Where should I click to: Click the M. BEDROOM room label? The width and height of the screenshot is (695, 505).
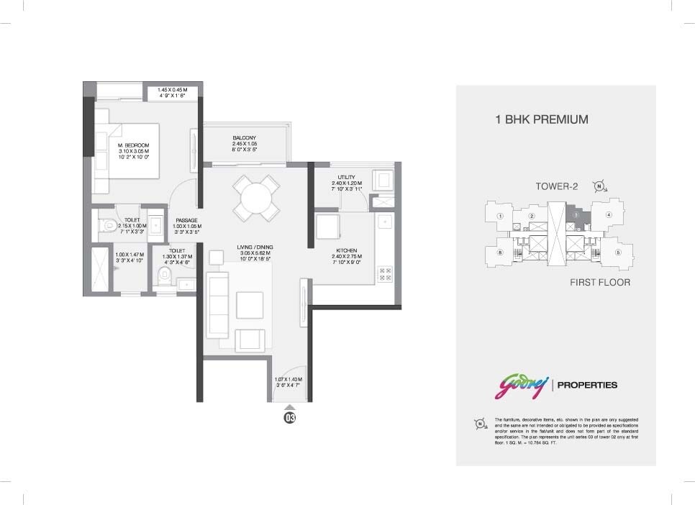[133, 145]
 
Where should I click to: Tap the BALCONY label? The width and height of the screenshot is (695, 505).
[245, 137]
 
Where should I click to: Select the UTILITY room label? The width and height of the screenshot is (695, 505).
[346, 177]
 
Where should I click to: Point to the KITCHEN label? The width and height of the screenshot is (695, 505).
[346, 250]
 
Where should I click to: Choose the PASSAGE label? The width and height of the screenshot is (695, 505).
[186, 220]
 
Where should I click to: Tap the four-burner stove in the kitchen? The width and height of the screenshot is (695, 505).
[385, 273]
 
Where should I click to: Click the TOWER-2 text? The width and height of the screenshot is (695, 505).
[557, 186]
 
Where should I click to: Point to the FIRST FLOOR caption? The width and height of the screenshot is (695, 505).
[599, 283]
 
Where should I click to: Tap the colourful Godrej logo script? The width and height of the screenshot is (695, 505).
[520, 386]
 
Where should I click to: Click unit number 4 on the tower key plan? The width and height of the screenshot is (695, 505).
[609, 214]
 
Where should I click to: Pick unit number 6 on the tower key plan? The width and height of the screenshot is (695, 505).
[499, 252]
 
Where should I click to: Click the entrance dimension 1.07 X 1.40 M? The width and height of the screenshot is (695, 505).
[289, 379]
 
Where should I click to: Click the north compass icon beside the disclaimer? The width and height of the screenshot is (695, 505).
[480, 424]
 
